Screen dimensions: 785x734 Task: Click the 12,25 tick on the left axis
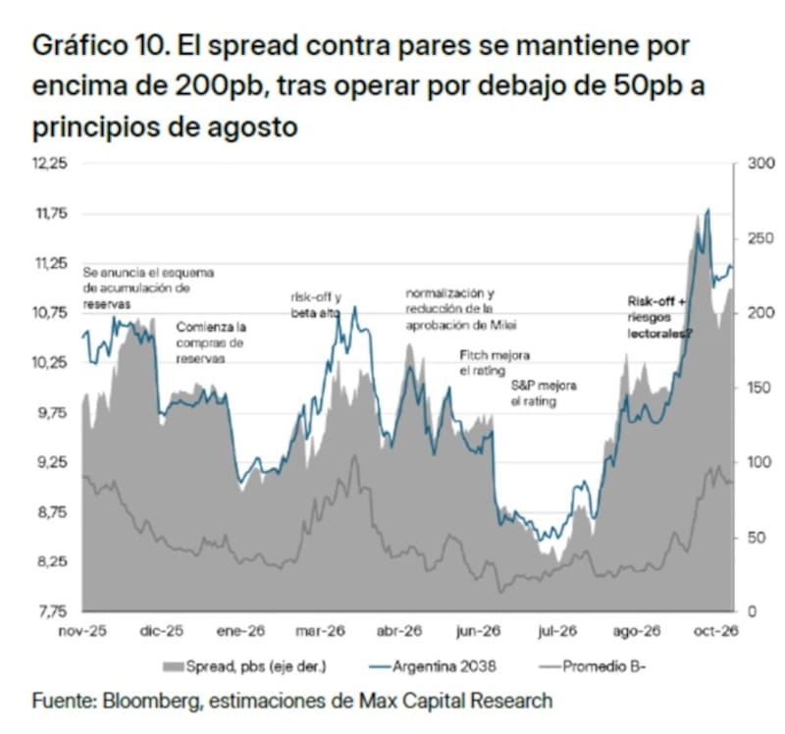[x=50, y=163]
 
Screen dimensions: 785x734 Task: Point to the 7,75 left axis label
[x=51, y=612]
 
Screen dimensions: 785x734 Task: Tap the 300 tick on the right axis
[x=761, y=163]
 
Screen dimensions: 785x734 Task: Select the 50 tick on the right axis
[x=757, y=537]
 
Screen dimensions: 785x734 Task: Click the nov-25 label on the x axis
[x=82, y=631]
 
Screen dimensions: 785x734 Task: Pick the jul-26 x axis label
[x=557, y=631]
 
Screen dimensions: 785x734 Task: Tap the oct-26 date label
[x=716, y=631]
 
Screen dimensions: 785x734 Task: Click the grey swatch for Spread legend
[x=174, y=667]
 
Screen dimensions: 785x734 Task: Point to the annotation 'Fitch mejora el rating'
[x=495, y=363]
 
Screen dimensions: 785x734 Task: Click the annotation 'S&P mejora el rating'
[x=544, y=393]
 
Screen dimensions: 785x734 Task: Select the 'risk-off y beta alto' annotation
[x=316, y=305]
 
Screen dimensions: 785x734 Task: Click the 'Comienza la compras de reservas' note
[x=211, y=343]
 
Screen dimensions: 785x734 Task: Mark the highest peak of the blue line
[x=707, y=209]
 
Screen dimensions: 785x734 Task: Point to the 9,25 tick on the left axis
[x=50, y=462]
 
